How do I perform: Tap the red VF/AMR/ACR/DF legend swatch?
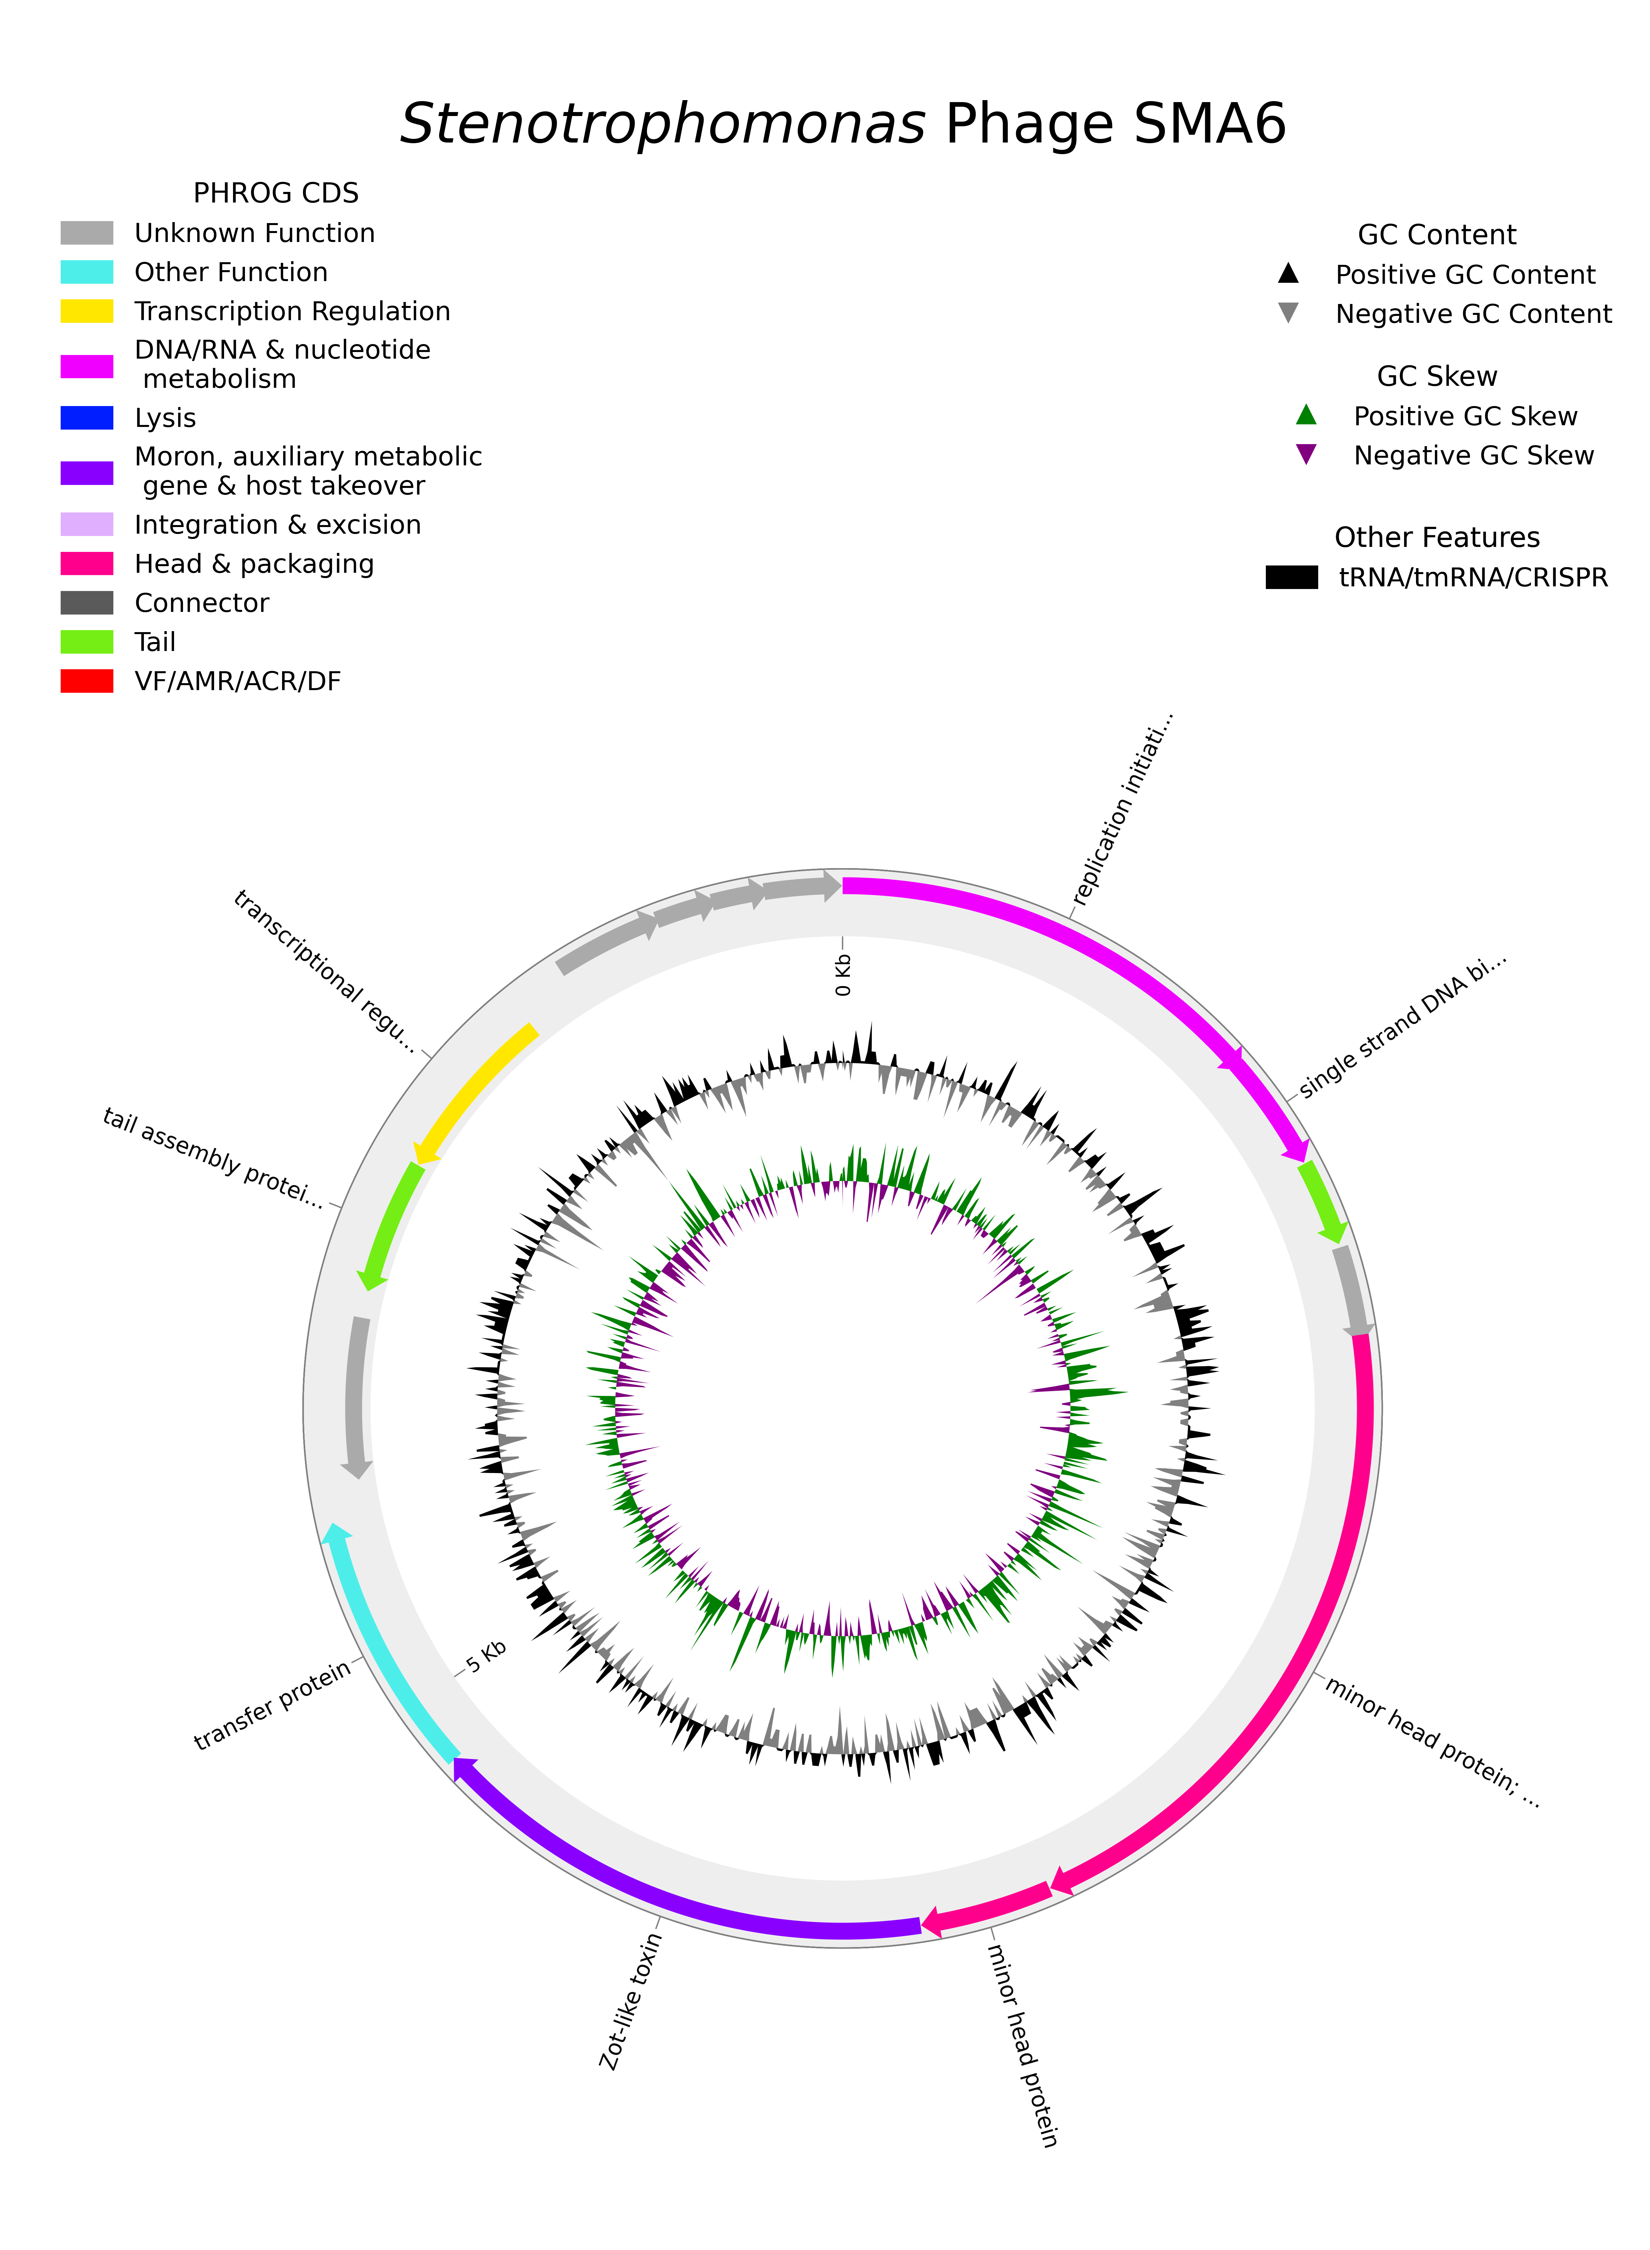[87, 681]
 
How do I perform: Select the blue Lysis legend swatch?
[87, 418]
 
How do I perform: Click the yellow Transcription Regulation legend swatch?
[87, 312]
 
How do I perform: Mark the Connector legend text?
[202, 603]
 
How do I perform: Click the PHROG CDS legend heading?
[276, 193]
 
